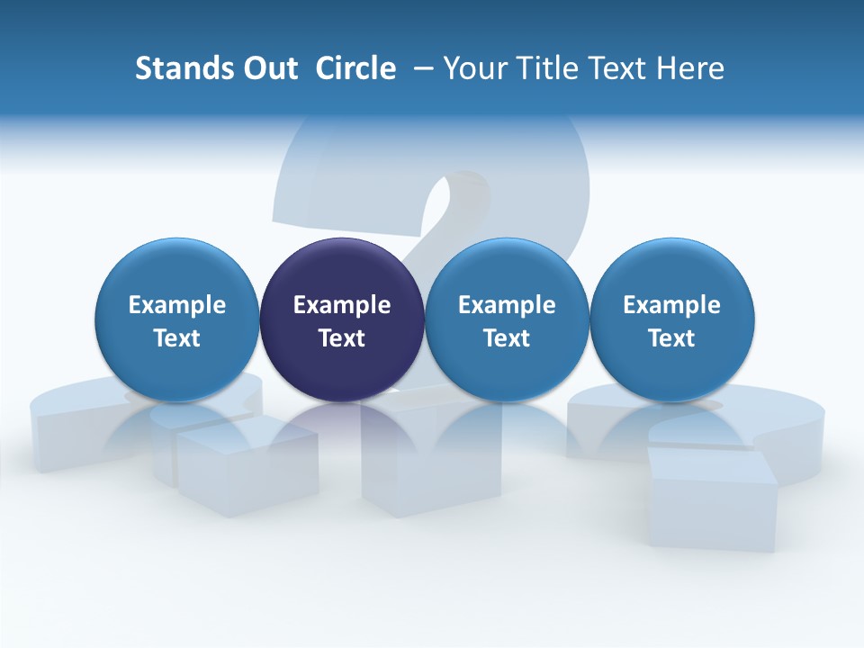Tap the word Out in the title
(x=267, y=68)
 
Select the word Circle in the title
(x=355, y=68)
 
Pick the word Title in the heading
(x=542, y=68)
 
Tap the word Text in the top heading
(x=614, y=68)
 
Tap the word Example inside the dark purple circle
(x=342, y=305)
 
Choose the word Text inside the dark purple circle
(x=342, y=338)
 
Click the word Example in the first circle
(x=176, y=305)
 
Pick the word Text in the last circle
(x=671, y=338)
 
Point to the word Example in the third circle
(x=507, y=305)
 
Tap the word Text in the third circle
(x=507, y=338)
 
